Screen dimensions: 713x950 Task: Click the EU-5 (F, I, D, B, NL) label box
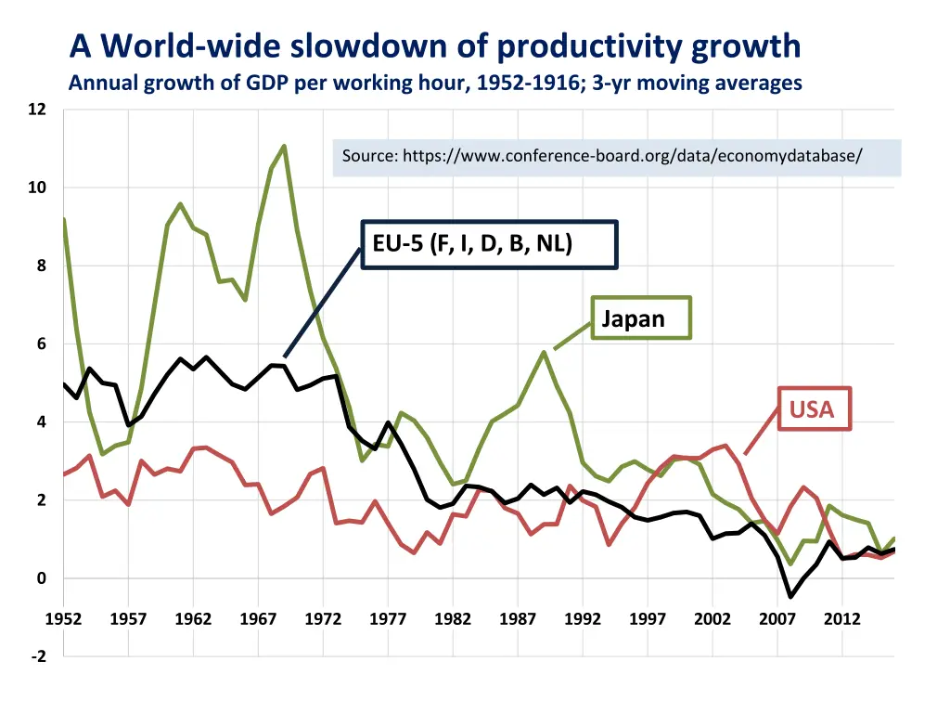point(488,244)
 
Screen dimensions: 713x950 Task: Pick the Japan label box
point(641,318)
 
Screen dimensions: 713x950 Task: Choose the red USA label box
point(813,409)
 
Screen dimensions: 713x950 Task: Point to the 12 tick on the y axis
point(37,110)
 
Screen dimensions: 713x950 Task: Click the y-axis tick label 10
point(37,188)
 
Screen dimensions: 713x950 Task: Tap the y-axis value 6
point(41,344)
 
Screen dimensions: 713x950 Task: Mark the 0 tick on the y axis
point(41,578)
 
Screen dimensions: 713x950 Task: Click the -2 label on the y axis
point(37,657)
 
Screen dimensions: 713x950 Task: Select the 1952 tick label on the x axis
point(63,619)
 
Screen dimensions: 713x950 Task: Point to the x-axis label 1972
point(323,619)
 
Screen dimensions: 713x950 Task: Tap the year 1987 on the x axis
point(518,619)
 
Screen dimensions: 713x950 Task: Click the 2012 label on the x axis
point(842,619)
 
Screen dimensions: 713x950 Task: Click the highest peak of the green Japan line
point(284,146)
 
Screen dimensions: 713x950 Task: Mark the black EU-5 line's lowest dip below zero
point(790,596)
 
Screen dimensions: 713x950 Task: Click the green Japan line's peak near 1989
point(544,352)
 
